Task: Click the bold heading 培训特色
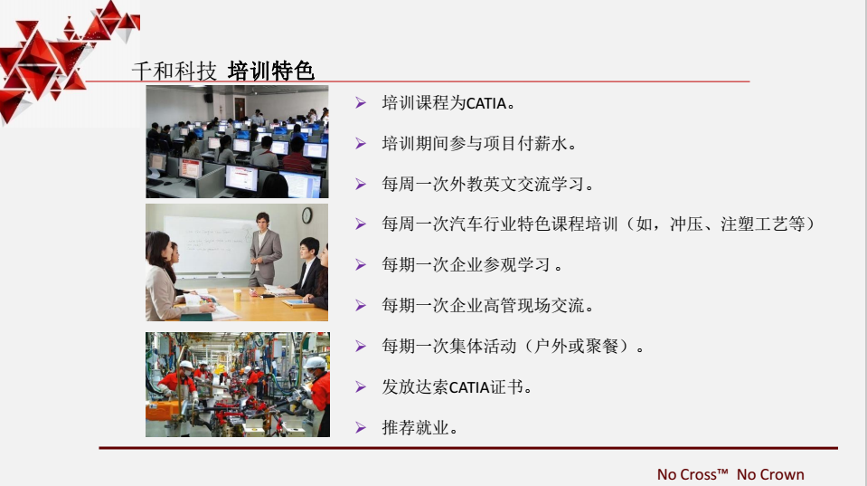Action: point(271,71)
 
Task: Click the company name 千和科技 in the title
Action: point(174,71)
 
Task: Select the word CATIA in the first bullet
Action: point(486,103)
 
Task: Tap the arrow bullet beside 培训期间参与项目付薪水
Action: point(361,144)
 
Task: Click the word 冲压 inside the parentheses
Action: point(686,224)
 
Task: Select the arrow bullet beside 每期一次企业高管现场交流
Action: point(361,306)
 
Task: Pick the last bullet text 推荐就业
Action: point(415,427)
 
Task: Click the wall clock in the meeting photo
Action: point(306,215)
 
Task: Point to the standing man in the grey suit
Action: point(265,249)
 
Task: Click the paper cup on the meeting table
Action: point(237,294)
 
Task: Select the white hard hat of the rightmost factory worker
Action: point(316,363)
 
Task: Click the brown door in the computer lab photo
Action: point(240,108)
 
